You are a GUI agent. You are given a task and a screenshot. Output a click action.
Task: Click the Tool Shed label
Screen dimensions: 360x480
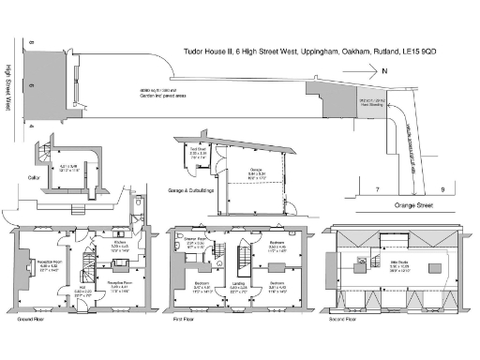(199, 150)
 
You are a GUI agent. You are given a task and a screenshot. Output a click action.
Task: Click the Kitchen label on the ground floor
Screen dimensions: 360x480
(121, 242)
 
